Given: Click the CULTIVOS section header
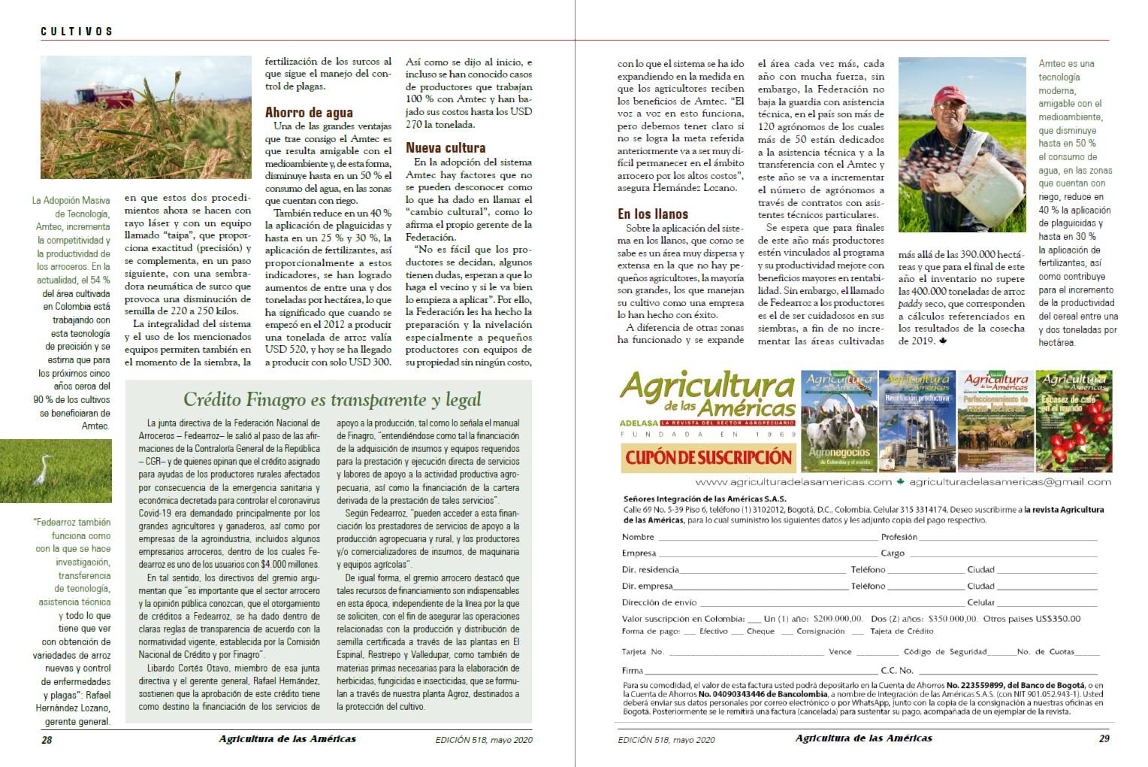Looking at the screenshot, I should tap(77, 32).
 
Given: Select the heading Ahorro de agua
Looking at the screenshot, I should tap(309, 113).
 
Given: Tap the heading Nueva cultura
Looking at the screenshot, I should tap(446, 148).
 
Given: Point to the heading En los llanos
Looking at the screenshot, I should tap(652, 214).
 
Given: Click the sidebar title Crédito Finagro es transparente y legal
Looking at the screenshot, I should tap(332, 399).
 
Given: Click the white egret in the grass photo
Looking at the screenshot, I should tap(42, 471).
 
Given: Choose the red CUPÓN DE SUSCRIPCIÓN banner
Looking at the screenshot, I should tap(708, 457).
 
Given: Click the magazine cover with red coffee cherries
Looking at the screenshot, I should tap(1073, 421).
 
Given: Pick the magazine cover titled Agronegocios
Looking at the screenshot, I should tap(839, 421).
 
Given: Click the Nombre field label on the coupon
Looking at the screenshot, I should tap(638, 537).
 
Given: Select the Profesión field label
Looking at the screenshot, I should tap(899, 537).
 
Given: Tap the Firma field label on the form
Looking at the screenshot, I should tap(632, 670).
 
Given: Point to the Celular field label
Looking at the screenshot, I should tap(980, 602).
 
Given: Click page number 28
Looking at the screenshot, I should tap(47, 739).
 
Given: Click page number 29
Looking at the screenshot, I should tap(1104, 738).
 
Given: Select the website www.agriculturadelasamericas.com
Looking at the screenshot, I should tap(793, 482).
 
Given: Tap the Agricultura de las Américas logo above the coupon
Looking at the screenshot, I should tap(707, 396).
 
